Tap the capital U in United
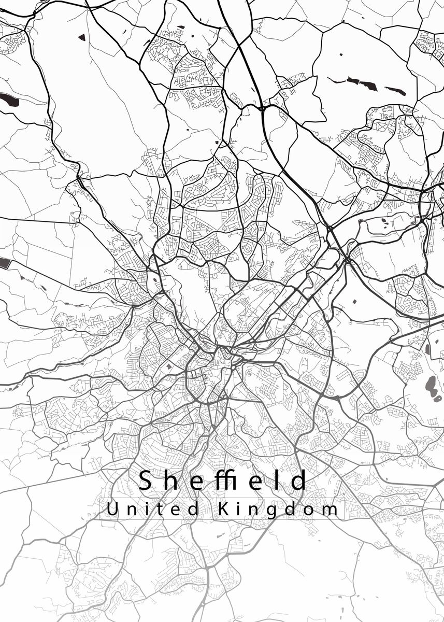111,508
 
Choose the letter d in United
193,508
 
